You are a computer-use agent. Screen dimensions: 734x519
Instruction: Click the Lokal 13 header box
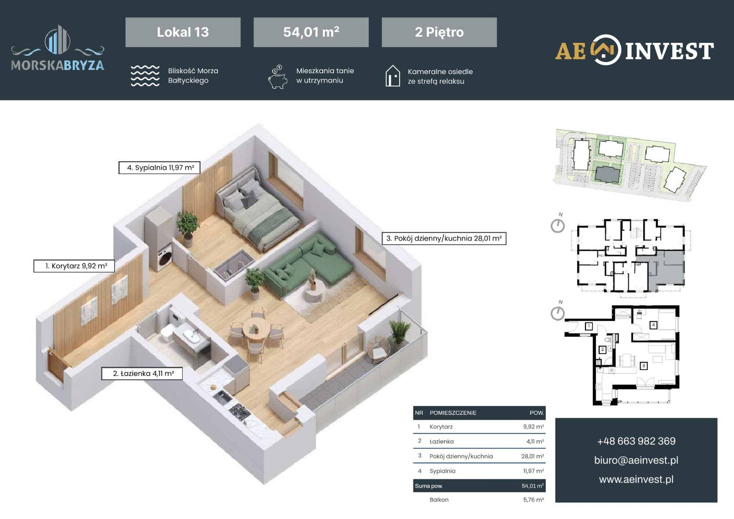[x=183, y=32]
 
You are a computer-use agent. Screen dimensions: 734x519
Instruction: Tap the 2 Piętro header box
[x=439, y=32]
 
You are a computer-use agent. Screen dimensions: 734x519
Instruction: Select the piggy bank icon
[x=277, y=77]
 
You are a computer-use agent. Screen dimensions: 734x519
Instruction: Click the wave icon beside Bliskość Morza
[x=145, y=76]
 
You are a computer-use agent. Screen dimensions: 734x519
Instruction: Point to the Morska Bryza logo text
[x=58, y=65]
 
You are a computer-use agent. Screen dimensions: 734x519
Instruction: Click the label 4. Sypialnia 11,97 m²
[x=159, y=167]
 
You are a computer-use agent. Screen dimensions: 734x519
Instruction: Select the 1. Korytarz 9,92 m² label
[x=74, y=266]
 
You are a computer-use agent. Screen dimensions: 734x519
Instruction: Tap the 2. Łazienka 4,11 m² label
[x=142, y=374]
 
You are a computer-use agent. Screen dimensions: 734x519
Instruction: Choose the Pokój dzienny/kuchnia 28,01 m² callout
[x=444, y=238]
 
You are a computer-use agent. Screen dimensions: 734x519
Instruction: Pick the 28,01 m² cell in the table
[x=533, y=456]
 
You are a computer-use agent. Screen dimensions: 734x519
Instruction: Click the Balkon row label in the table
[x=439, y=500]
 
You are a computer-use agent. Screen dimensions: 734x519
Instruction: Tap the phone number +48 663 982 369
[x=636, y=441]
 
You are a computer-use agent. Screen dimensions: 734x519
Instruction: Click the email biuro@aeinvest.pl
[x=636, y=460]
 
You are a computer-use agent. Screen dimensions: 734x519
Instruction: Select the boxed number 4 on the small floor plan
[x=653, y=325]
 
